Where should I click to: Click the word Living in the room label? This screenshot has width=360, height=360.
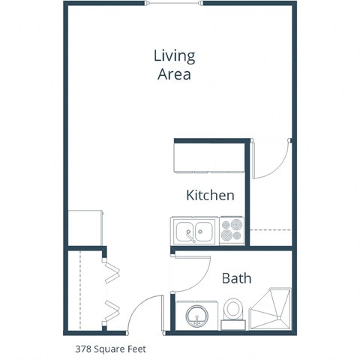coord(174,56)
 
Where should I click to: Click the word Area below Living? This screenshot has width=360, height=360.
coord(174,74)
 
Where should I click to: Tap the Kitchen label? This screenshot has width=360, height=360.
coord(211,196)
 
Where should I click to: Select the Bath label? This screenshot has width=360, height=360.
coord(236,278)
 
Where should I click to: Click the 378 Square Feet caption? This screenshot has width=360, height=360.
coord(110,348)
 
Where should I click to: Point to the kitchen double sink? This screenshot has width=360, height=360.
coord(194,232)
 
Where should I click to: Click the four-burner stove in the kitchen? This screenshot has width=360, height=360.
coord(232,232)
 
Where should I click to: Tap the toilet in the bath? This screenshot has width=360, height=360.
coord(233,311)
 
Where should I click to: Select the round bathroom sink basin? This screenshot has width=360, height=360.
coord(196,315)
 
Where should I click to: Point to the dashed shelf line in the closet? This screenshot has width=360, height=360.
coord(78,289)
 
